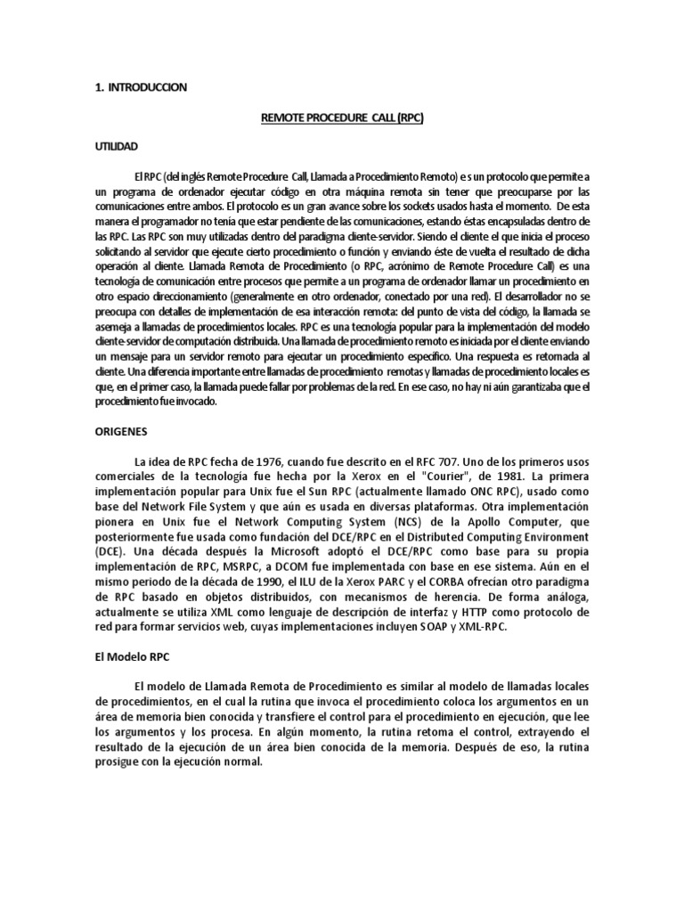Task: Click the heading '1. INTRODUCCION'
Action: (141, 87)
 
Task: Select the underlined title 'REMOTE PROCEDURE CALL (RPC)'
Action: (341, 117)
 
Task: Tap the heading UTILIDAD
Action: (118, 145)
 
